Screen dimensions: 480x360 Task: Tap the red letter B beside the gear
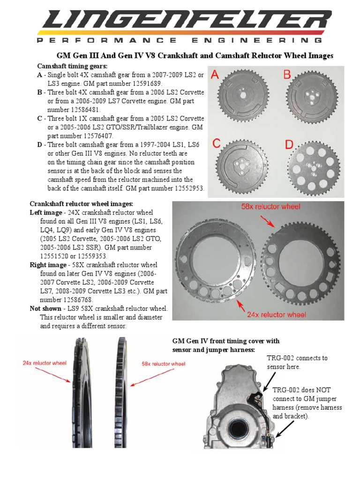[286, 75]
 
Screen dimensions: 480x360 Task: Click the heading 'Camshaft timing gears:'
[72, 66]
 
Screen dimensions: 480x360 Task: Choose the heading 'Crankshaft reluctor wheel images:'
[82, 204]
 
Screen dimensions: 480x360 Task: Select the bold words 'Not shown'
[45, 308]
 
